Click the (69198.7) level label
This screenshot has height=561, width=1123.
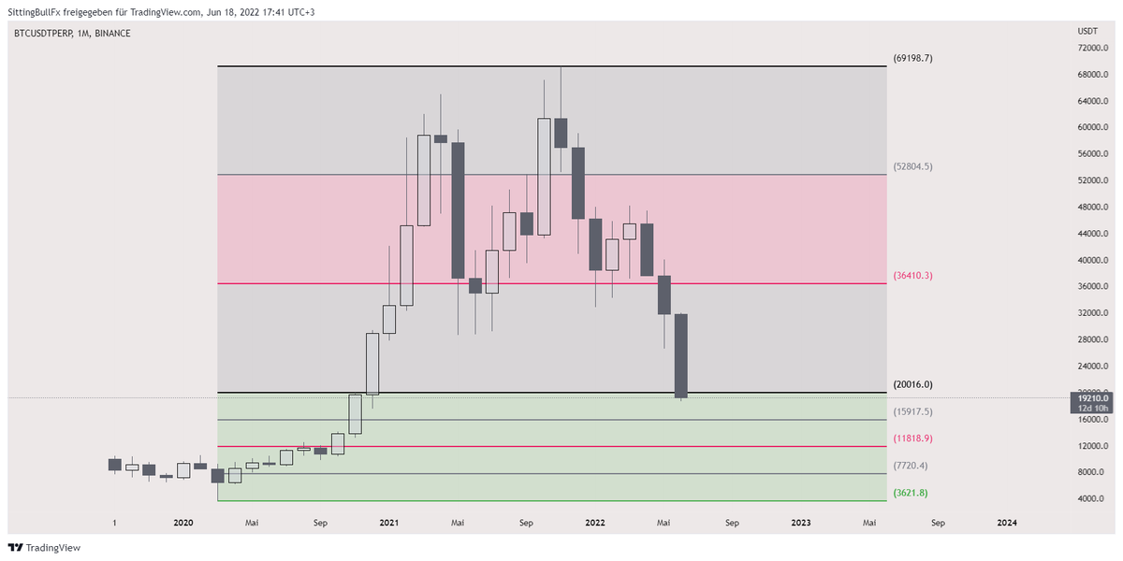coord(913,58)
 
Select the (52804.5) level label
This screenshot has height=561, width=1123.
coord(913,166)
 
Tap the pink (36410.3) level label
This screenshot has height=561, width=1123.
coord(913,276)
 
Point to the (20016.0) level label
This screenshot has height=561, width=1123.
coord(913,384)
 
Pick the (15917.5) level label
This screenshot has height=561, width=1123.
coord(913,411)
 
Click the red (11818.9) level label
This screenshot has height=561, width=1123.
coord(913,438)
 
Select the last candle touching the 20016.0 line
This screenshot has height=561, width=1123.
coord(681,355)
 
